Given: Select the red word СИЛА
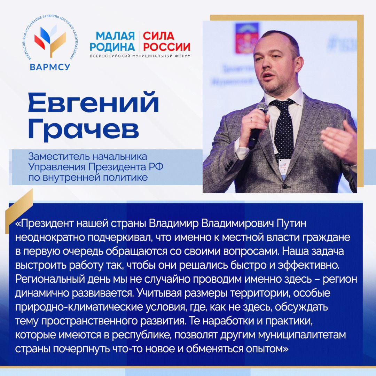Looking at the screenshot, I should [158, 36].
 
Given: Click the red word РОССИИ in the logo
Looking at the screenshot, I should [166, 47].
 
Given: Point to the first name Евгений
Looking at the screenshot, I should [93, 103].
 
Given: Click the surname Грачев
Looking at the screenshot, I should [83, 129].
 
